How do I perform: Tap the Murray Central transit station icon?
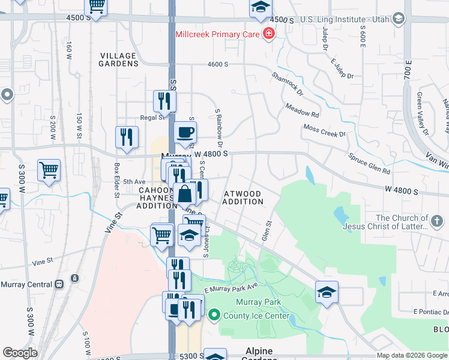point(74,278)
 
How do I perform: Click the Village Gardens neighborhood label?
point(119,59)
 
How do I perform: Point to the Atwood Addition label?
point(243,198)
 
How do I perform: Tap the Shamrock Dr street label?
point(288,85)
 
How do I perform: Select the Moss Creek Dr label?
point(325,130)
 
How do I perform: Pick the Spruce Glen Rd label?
point(370,164)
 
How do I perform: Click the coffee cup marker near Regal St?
point(185,132)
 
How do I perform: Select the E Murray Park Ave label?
point(230,289)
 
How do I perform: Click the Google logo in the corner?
point(20,353)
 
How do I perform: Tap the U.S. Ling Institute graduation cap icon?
point(398,18)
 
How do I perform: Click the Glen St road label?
point(267,230)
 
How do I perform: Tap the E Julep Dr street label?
point(343,68)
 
